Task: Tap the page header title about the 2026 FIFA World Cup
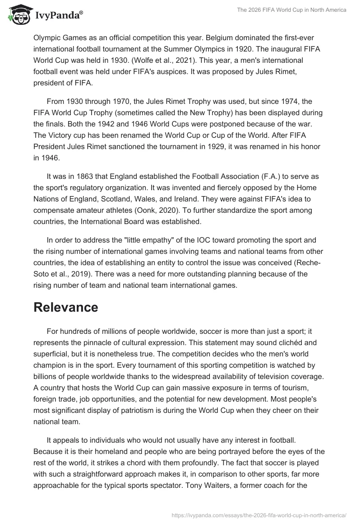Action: point(292,10)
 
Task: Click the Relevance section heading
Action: point(66,307)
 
